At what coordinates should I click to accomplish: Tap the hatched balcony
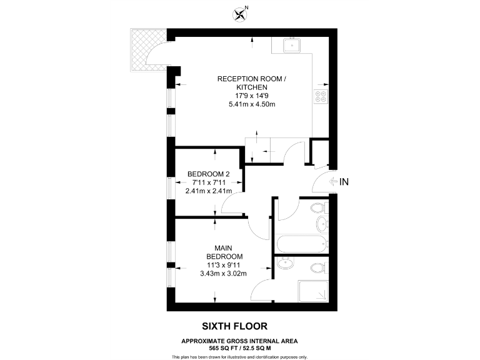click(x=144, y=49)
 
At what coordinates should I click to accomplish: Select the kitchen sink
click(x=291, y=45)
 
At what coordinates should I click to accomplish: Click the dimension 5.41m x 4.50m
click(x=252, y=104)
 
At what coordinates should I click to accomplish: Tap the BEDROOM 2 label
click(x=209, y=174)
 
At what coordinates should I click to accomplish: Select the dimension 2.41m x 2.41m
click(x=209, y=191)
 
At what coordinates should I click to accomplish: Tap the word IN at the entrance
click(x=344, y=182)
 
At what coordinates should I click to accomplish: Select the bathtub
click(x=301, y=244)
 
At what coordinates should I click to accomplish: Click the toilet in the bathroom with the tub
click(x=318, y=207)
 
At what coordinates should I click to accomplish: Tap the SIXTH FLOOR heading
click(x=234, y=326)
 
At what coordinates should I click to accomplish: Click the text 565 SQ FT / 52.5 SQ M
click(x=239, y=347)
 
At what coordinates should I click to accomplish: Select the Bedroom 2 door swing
click(x=232, y=202)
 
